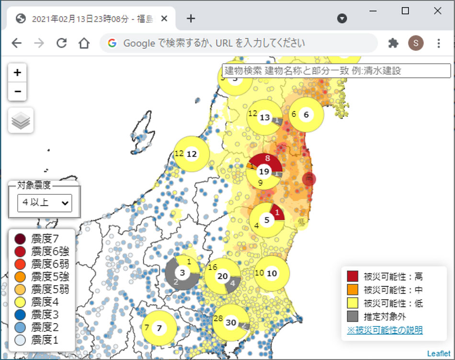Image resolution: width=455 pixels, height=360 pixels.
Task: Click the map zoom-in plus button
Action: point(17,73)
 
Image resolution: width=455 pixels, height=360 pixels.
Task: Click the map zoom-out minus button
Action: point(17,91)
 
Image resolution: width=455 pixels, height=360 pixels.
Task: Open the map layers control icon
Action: point(21,120)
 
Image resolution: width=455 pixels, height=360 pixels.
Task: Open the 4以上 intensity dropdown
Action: point(44,202)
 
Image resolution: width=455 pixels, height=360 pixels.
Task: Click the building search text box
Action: point(336,71)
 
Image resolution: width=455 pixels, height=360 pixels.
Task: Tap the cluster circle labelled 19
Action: point(264,171)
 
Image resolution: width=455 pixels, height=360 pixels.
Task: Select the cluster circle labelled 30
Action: point(231,323)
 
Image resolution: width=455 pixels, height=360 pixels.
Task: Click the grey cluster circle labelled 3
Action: point(182,273)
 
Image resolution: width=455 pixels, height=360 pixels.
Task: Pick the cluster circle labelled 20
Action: point(223,276)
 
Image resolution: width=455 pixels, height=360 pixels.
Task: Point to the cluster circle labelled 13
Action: point(265,117)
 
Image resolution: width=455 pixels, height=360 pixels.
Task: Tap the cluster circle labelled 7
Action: point(159,328)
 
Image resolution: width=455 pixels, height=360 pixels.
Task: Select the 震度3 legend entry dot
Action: point(20,315)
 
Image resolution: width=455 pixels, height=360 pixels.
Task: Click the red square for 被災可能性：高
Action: point(353,276)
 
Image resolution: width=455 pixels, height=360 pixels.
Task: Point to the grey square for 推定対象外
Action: point(353,316)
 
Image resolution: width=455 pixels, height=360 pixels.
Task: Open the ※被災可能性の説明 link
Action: point(385,330)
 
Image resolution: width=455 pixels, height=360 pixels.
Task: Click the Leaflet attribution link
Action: point(438,354)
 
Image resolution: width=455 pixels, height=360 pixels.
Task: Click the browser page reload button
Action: point(61,43)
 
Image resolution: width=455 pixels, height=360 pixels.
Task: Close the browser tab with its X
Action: point(164,19)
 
